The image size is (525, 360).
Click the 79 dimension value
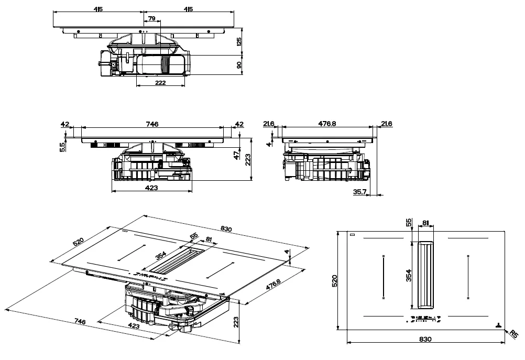point(151,19)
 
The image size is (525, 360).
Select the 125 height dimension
point(240,42)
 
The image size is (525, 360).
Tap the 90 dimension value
point(240,65)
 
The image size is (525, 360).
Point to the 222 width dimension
point(160,83)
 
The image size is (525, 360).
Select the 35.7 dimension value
point(359,192)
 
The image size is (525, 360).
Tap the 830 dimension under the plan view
point(425,339)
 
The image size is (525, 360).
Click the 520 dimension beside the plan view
point(335,280)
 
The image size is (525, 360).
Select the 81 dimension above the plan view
point(425,223)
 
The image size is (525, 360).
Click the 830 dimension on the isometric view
point(226,229)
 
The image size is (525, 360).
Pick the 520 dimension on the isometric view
point(78,242)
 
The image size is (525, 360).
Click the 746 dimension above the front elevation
point(152,124)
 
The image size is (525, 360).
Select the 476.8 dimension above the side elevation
point(327,124)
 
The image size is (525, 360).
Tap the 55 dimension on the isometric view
point(194,237)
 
